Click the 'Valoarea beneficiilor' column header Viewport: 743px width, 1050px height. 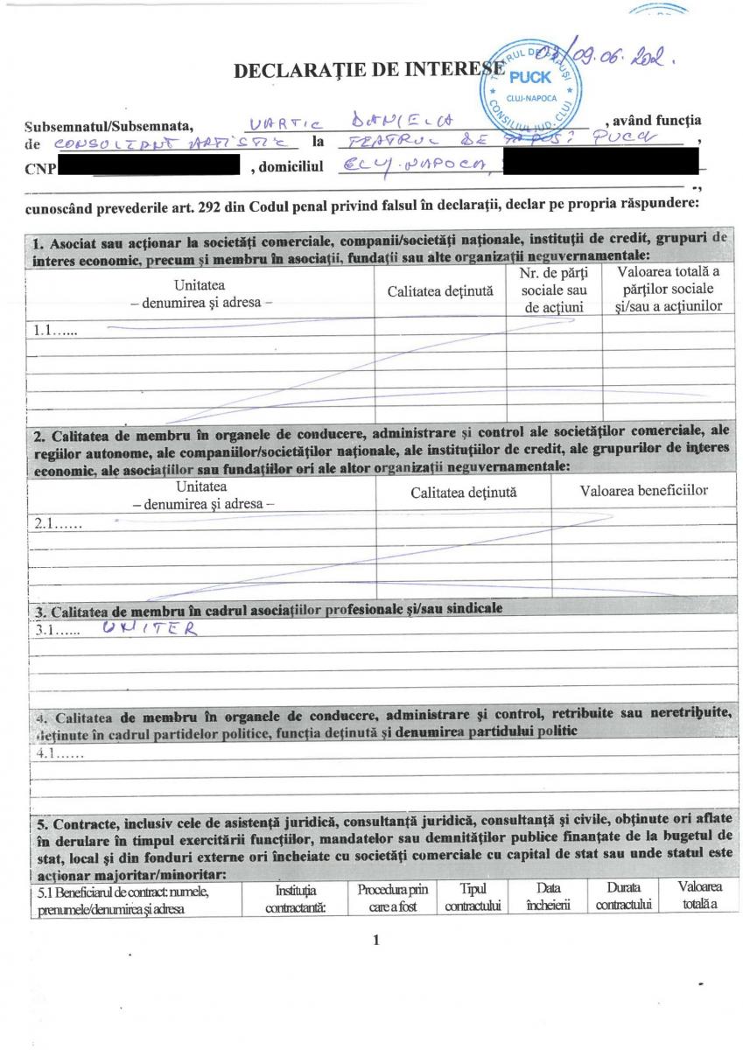[x=643, y=490]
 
